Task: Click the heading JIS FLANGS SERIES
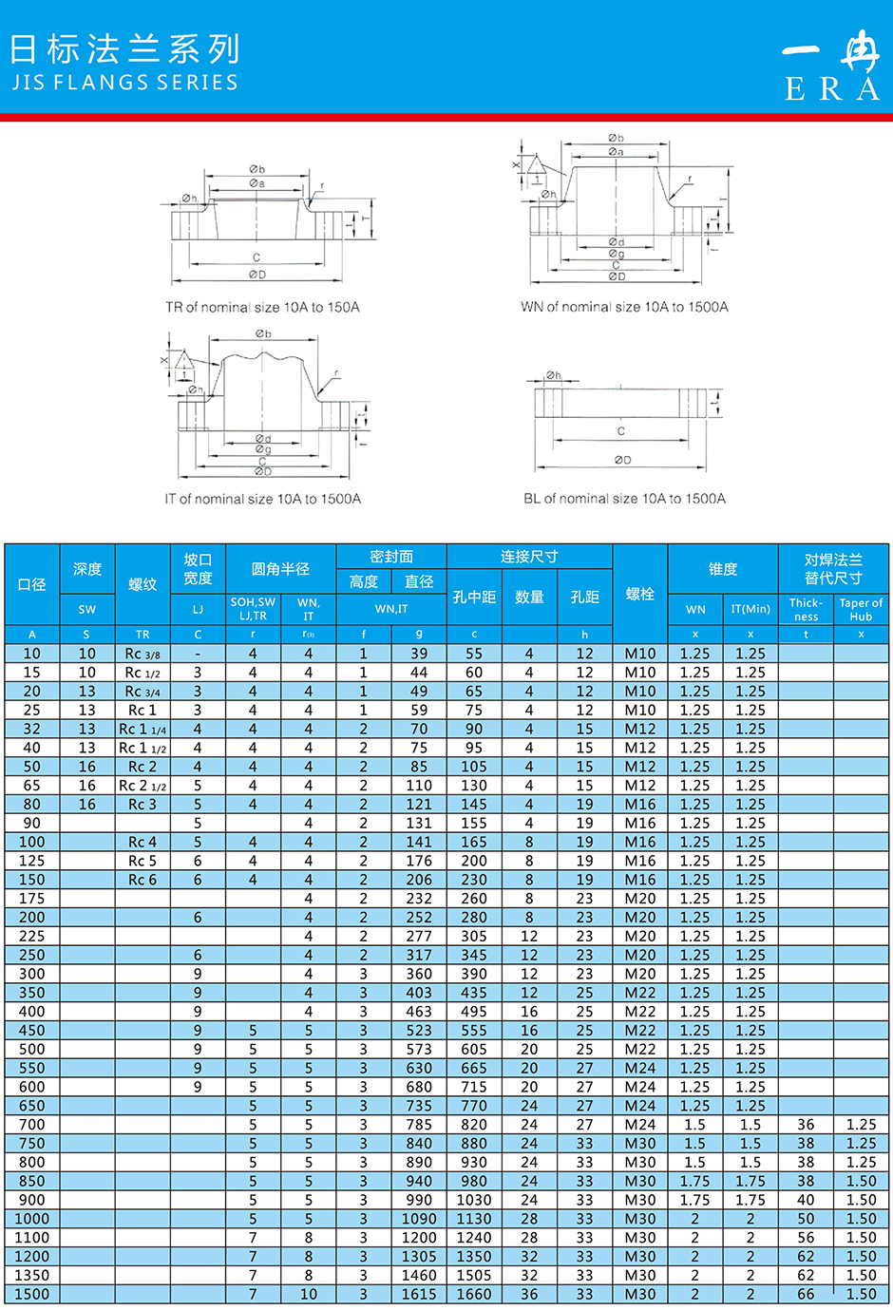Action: click(x=124, y=83)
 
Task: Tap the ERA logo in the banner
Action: click(x=831, y=65)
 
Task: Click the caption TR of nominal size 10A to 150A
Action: click(x=262, y=308)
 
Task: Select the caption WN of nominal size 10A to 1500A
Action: click(x=624, y=307)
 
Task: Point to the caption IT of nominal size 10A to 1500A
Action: click(x=262, y=499)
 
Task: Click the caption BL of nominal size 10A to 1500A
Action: click(x=624, y=499)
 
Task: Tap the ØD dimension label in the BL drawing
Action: click(x=622, y=460)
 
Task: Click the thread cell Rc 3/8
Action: click(x=142, y=654)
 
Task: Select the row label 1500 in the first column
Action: click(x=31, y=1294)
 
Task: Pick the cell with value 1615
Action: click(x=419, y=1294)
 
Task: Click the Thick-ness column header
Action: click(x=806, y=609)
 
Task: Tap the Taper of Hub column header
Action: click(x=861, y=609)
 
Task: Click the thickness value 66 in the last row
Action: click(x=806, y=1294)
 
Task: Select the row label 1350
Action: click(x=31, y=1275)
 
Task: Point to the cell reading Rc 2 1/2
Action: click(x=142, y=786)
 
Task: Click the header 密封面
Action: click(x=391, y=557)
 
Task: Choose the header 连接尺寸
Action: click(x=529, y=557)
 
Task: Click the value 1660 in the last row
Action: click(x=474, y=1294)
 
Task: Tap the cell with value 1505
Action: click(x=474, y=1275)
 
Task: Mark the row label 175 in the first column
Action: click(x=31, y=899)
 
